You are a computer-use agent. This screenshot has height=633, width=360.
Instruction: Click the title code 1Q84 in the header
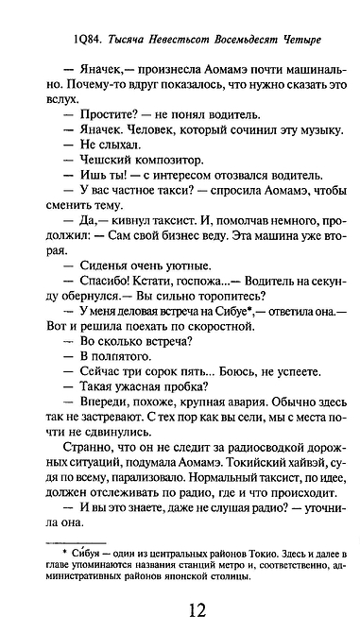tap(72, 39)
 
